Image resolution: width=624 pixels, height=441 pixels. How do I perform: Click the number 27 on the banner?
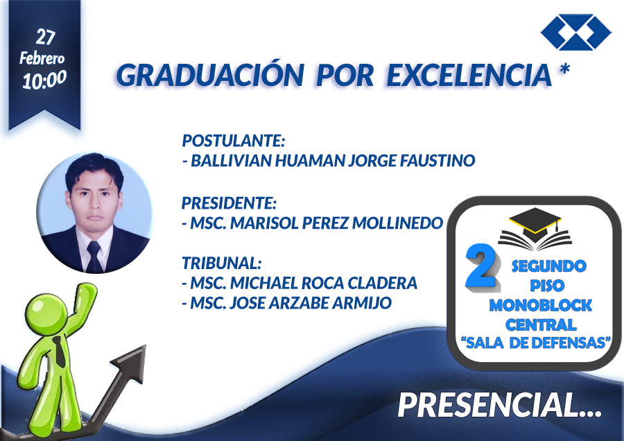pyautogui.click(x=45, y=37)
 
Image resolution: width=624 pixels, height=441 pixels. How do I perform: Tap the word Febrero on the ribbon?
pyautogui.click(x=42, y=58)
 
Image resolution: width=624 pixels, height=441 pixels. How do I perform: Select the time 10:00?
pyautogui.click(x=44, y=80)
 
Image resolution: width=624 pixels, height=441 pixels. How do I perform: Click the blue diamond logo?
pyautogui.click(x=576, y=32)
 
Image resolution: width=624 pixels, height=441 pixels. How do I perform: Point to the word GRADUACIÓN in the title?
pyautogui.click(x=210, y=74)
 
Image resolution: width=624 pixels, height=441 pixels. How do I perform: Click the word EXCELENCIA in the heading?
pyautogui.click(x=469, y=75)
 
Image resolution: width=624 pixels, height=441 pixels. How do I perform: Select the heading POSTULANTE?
pyautogui.click(x=234, y=141)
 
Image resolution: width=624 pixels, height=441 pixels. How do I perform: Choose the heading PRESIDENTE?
pyautogui.click(x=229, y=203)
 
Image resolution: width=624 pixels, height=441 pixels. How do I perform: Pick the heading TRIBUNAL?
pyautogui.click(x=222, y=263)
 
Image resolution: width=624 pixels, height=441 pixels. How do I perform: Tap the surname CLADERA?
pyautogui.click(x=382, y=283)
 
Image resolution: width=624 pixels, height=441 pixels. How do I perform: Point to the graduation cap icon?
pyautogui.click(x=535, y=230)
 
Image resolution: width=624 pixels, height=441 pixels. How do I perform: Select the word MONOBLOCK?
pyautogui.click(x=540, y=305)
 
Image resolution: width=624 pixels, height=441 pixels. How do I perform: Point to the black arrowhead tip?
pyautogui.click(x=145, y=345)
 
